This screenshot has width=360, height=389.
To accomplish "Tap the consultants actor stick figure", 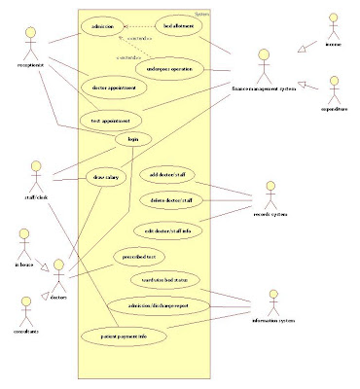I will point(26,309).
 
